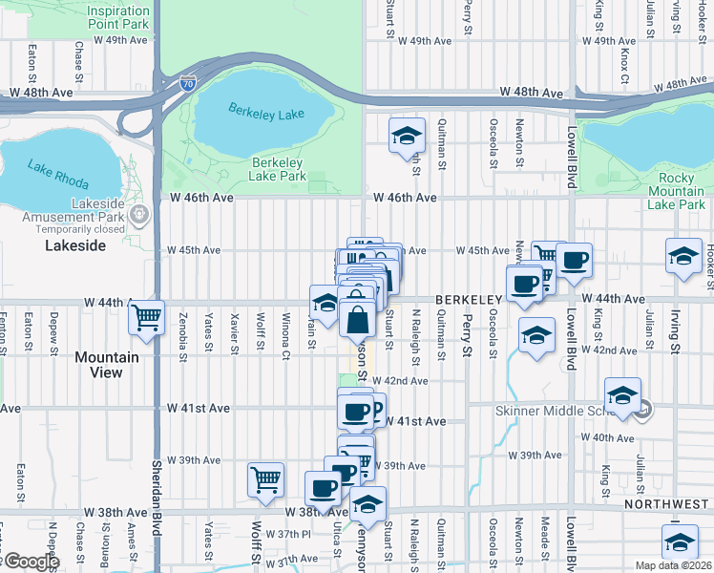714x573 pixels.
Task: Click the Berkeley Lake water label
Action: click(266, 112)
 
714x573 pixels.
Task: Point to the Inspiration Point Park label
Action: click(117, 16)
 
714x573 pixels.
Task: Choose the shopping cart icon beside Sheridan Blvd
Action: click(146, 317)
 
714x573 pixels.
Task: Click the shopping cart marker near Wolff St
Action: click(265, 479)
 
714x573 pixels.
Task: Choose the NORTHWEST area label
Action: click(668, 503)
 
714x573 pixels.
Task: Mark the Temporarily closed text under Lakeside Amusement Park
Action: click(80, 229)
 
